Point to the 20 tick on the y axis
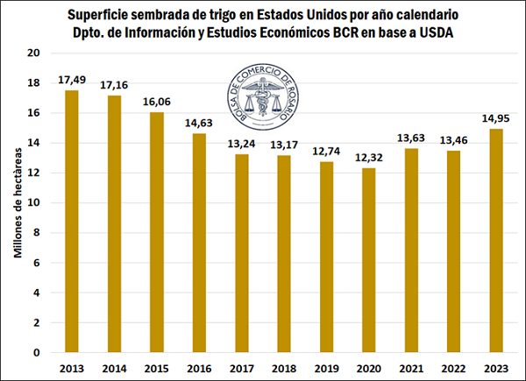[x=36, y=53]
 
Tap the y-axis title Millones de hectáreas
[x=17, y=202]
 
